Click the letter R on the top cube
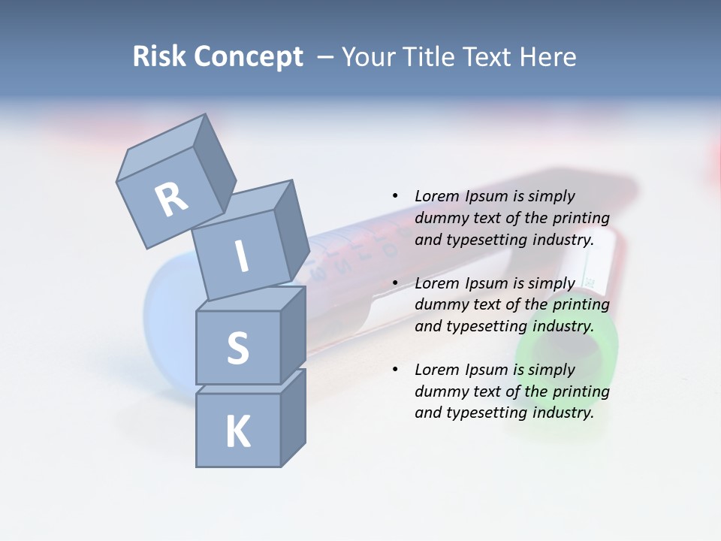172,199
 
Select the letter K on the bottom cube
237,431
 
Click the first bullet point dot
395,196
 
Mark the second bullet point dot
395,283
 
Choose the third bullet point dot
395,370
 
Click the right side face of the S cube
293,334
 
